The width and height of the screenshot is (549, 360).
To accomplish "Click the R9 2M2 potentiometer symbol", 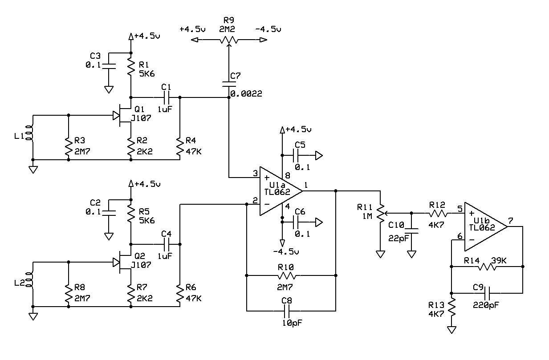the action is click(x=229, y=40).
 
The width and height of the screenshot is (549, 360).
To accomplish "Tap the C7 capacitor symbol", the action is click(x=229, y=84).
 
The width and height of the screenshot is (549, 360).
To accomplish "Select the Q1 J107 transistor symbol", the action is click(x=122, y=115).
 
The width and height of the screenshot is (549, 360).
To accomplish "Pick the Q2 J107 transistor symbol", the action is click(x=122, y=262).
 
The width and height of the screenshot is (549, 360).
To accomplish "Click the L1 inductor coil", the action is click(x=29, y=133).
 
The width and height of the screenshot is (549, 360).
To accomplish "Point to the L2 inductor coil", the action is click(x=29, y=279).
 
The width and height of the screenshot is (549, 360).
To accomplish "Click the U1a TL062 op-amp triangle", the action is click(x=281, y=191).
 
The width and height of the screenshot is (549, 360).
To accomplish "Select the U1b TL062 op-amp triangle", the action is click(x=486, y=227).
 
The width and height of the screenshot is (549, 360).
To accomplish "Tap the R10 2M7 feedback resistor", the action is click(x=286, y=276).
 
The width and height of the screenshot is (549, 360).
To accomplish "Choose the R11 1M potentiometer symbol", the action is click(x=381, y=214).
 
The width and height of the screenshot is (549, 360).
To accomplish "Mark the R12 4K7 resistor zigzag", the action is click(x=438, y=214).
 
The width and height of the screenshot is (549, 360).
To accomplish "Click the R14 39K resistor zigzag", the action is click(x=487, y=267).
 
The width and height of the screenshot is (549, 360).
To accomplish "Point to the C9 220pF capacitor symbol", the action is click(x=487, y=293).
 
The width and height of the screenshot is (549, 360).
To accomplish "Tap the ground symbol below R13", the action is click(x=451, y=330).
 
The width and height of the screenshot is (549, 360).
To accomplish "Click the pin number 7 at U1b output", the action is click(x=511, y=221).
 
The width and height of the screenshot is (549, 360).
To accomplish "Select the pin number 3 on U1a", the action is click(x=256, y=174).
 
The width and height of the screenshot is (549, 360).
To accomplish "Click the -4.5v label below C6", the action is click(x=286, y=252).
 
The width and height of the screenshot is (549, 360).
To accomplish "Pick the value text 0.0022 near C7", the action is click(x=246, y=93).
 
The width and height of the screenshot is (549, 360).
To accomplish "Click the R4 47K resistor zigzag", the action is click(x=180, y=146).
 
